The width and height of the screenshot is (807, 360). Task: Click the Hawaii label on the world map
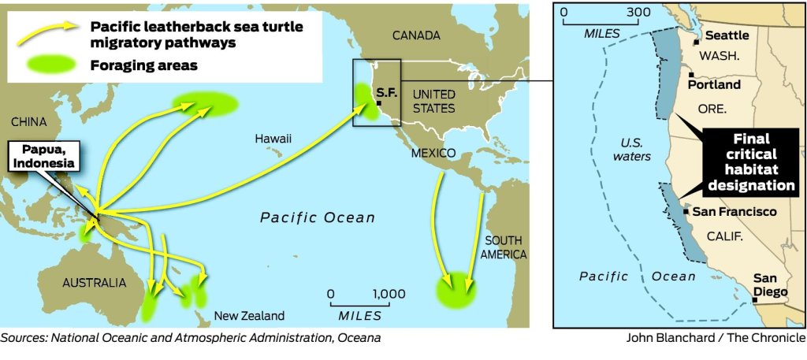(x=273, y=139)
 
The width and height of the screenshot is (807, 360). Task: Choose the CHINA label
(x=29, y=122)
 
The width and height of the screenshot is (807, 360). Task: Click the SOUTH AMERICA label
(x=505, y=247)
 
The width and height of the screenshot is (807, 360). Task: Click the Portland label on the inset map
(x=714, y=84)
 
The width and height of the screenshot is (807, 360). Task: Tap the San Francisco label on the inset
(x=734, y=212)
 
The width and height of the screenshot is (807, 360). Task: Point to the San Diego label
(x=769, y=284)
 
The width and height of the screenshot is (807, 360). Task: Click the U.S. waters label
(x=630, y=150)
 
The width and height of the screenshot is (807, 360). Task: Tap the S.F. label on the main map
(x=386, y=92)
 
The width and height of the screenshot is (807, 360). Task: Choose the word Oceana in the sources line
(x=359, y=338)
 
